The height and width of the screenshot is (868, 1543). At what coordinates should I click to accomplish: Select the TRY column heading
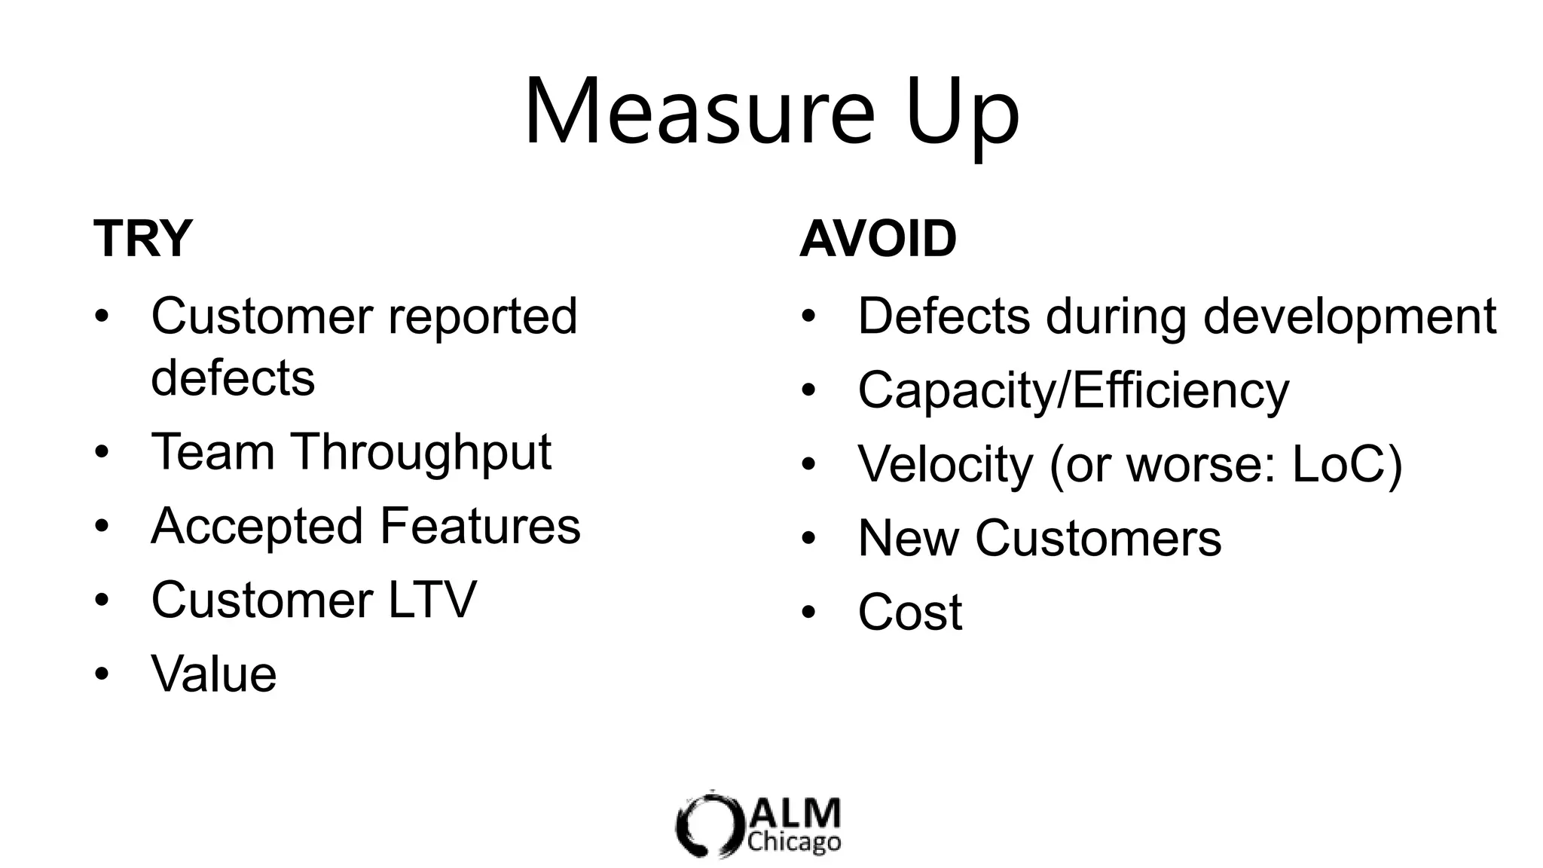coord(143,239)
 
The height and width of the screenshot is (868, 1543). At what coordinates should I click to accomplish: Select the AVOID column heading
coord(878,239)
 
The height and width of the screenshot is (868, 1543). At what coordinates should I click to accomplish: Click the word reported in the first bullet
coord(482,316)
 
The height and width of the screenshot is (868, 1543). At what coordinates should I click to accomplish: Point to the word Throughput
coord(421,453)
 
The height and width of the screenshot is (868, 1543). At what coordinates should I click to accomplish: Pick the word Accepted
coord(257,526)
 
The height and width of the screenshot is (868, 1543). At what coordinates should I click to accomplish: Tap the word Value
coord(214,674)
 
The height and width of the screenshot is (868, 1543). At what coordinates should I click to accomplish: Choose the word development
coord(1349,316)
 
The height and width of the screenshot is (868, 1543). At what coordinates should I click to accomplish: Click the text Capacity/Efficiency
coord(1073,391)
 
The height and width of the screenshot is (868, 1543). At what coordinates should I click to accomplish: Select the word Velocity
coord(946,464)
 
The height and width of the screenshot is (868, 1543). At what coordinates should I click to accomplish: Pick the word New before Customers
coord(909,538)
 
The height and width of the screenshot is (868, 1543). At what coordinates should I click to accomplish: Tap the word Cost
coord(910,612)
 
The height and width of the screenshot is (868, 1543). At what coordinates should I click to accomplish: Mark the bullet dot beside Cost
coord(808,612)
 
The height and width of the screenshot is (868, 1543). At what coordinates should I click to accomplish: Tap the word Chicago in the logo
coord(794,842)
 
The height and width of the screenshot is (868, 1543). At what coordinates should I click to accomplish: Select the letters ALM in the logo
coord(796,814)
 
